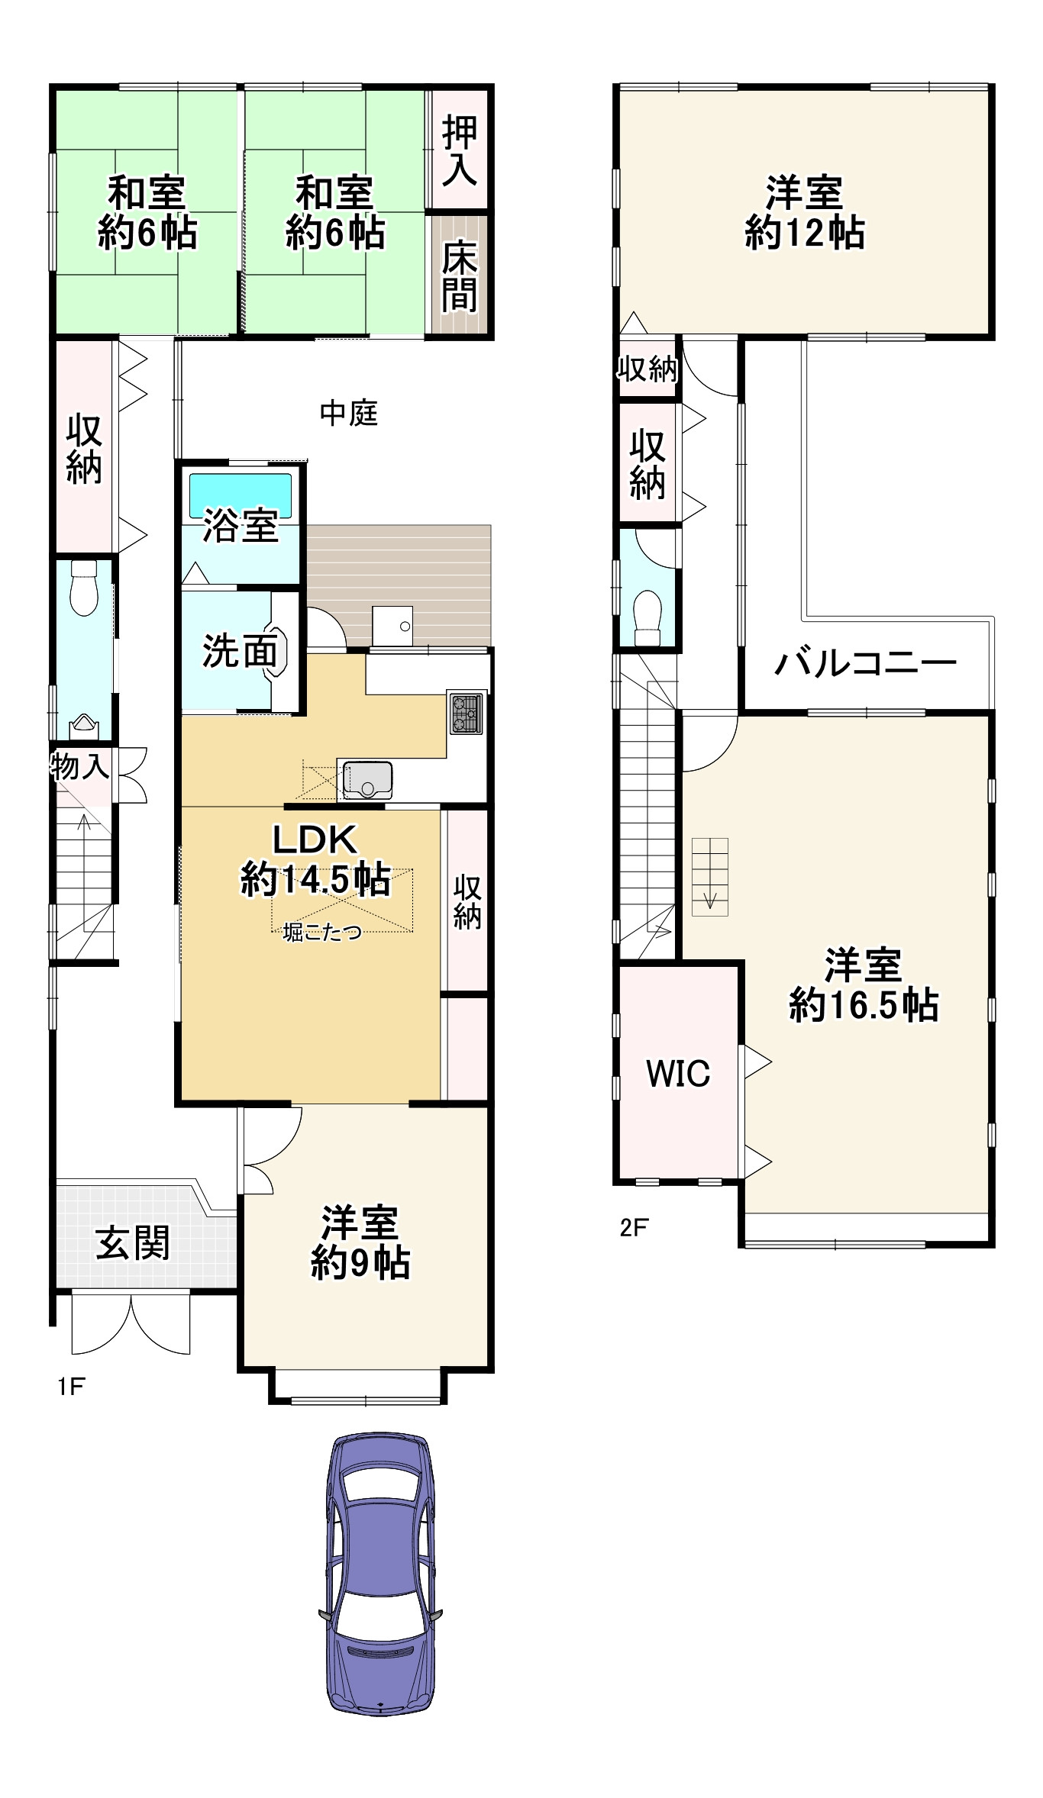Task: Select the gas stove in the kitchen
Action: click(x=466, y=713)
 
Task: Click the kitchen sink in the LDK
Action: click(x=367, y=779)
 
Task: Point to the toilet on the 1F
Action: click(x=83, y=588)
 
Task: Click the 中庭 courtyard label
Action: click(x=348, y=414)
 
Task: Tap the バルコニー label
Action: click(x=865, y=662)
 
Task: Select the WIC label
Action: click(x=678, y=1073)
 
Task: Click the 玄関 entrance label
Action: click(x=133, y=1243)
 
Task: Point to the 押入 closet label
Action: click(x=459, y=150)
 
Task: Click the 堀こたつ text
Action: click(x=321, y=932)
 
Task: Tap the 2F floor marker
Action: click(x=634, y=1227)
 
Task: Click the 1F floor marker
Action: click(x=71, y=1386)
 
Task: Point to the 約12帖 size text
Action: click(x=805, y=233)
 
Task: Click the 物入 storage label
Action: click(x=79, y=765)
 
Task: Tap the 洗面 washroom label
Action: click(x=239, y=651)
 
